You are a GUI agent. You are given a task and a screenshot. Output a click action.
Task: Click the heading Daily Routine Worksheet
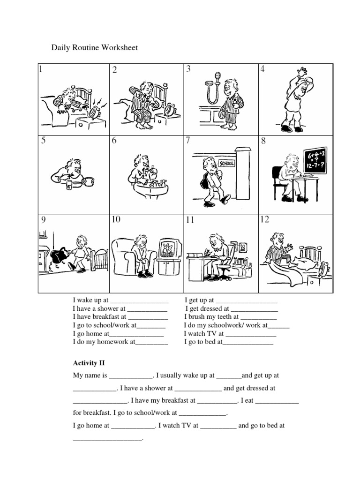pos(94,48)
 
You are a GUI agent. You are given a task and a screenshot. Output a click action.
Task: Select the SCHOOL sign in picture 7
pos(226,163)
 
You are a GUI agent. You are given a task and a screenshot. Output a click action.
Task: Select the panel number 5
pos(43,141)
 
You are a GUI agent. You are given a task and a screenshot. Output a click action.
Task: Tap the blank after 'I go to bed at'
pos(248,343)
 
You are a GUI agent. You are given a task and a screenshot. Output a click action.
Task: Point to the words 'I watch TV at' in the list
pos(204,334)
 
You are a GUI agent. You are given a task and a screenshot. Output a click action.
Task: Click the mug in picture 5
pos(87,181)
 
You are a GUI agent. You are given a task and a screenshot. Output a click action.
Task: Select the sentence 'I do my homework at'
pos(104,343)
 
